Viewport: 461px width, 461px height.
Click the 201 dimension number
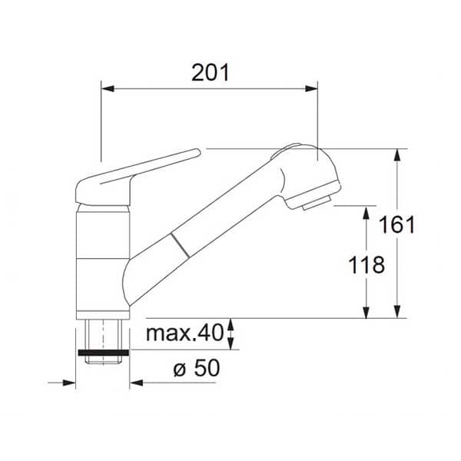(211, 73)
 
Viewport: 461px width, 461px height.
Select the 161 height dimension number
(397, 224)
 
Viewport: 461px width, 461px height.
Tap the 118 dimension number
(366, 265)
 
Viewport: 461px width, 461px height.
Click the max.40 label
(185, 333)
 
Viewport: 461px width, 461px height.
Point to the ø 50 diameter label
(197, 368)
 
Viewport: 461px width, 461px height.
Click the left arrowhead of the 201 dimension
(108, 88)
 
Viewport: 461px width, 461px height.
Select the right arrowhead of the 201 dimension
(311, 88)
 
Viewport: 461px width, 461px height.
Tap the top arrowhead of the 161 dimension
(397, 155)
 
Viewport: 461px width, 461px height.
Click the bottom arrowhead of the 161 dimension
(397, 312)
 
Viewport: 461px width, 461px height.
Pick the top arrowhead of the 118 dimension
(366, 212)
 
